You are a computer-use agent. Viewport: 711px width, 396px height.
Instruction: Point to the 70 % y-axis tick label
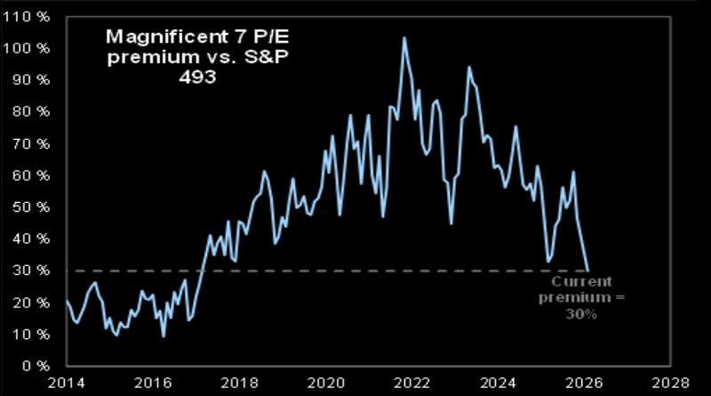click(33, 143)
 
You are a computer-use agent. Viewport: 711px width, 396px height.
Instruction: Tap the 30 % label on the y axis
click(33, 271)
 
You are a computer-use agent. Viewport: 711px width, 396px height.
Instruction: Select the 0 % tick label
click(36, 366)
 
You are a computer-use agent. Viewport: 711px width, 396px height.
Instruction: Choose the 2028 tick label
click(672, 383)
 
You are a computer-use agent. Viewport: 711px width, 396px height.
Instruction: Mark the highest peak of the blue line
click(404, 37)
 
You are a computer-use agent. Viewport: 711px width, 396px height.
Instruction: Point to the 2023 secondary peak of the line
click(469, 67)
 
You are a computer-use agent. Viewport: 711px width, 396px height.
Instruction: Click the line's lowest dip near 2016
click(163, 335)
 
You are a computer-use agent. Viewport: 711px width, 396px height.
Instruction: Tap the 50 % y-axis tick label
click(33, 207)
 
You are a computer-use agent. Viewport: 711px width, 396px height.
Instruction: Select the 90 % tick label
click(33, 80)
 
